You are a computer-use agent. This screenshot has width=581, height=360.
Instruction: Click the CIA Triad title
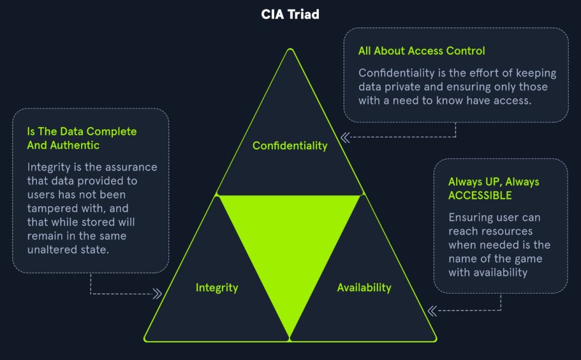click(x=290, y=14)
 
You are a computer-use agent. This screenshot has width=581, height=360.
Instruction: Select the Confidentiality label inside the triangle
click(x=290, y=146)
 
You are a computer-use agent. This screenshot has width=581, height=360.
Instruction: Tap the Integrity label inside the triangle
click(x=217, y=288)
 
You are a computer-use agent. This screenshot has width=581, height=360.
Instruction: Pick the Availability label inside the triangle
click(x=364, y=288)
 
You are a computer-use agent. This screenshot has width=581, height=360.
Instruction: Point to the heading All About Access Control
click(x=422, y=51)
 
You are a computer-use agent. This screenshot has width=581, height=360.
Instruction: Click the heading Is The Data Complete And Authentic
click(x=82, y=139)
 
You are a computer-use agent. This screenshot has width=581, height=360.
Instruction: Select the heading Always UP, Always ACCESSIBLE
click(x=494, y=189)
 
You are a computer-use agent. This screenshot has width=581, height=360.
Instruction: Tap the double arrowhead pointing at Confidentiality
click(x=346, y=137)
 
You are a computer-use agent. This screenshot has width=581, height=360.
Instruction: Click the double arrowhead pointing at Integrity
click(x=157, y=294)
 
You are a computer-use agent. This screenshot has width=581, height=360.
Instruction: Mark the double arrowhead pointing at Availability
click(x=432, y=311)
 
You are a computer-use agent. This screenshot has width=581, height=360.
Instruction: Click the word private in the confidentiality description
click(x=403, y=87)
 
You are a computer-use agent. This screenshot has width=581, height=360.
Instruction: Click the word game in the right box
click(x=528, y=259)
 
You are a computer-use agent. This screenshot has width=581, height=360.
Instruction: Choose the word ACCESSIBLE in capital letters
click(x=480, y=195)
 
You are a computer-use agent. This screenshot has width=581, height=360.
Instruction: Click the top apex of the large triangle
click(x=290, y=49)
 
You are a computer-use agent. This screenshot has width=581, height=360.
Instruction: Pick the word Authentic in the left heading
click(x=75, y=145)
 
